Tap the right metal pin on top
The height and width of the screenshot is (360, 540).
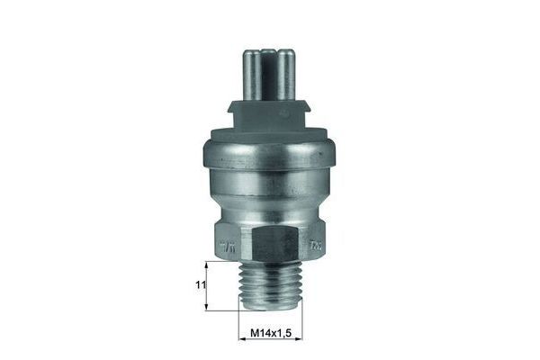coord(286,74)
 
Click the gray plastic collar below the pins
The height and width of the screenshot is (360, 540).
coord(270,115)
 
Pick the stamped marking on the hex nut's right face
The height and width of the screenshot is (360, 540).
coord(315,243)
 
